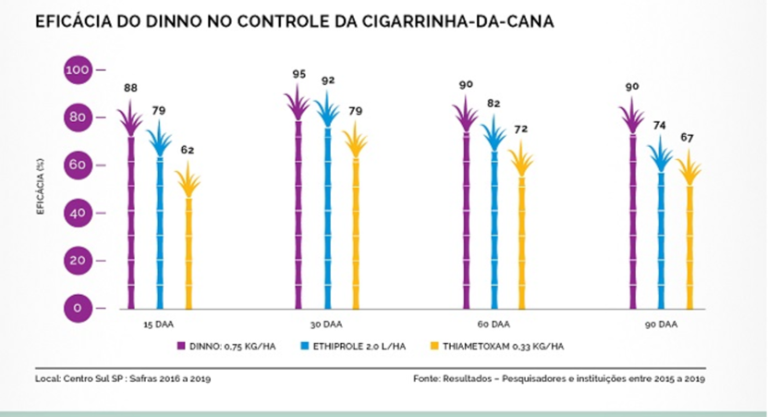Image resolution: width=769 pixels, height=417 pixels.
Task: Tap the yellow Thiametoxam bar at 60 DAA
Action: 522,240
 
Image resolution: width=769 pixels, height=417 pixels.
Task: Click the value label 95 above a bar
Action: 298,74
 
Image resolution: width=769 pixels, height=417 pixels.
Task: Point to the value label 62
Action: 188,149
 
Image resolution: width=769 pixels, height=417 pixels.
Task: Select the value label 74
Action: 661,126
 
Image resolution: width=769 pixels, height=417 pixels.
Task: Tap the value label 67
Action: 689,139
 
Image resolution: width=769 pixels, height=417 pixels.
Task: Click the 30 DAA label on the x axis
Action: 326,325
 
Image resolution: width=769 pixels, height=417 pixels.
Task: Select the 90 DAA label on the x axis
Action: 660,325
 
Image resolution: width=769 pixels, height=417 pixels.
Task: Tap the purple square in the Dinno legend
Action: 182,347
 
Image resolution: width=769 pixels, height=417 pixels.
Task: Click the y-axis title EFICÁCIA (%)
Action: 41,189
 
